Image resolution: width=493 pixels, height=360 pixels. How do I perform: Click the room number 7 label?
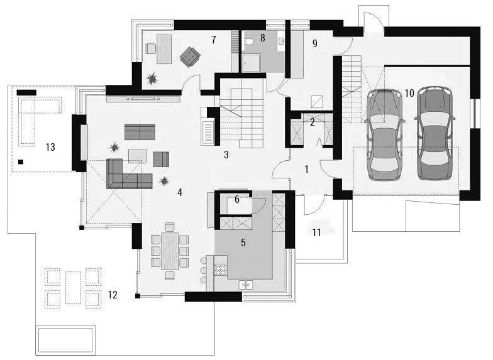tap(214, 40)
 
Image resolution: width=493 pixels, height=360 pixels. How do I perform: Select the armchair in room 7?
tap(190, 57)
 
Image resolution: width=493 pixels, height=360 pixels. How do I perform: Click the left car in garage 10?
tap(384, 134)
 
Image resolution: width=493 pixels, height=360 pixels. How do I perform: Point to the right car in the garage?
tap(434, 133)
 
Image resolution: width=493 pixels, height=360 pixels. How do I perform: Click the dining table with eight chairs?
tap(170, 251)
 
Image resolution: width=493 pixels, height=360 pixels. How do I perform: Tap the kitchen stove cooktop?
tap(220, 270)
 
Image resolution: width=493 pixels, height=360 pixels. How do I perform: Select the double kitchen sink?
tap(245, 285)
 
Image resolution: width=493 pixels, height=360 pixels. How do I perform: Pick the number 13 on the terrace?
tap(50, 147)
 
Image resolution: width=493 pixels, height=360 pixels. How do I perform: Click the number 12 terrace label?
tap(113, 295)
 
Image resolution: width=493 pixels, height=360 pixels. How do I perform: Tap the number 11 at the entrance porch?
tap(317, 232)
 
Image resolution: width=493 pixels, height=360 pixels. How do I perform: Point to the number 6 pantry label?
tap(237, 200)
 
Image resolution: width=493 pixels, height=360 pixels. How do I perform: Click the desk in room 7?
tap(164, 49)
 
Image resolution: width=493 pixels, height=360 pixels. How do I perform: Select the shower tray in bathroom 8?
tap(252, 63)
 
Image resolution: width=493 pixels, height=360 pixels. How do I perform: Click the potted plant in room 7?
tap(152, 79)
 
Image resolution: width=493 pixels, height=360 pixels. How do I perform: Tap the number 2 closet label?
tap(312, 122)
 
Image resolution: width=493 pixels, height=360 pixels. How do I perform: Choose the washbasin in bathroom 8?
tap(281, 41)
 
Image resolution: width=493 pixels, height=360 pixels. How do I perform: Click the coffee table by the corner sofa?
tap(138, 156)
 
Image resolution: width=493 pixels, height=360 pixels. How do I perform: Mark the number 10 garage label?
tap(409, 93)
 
